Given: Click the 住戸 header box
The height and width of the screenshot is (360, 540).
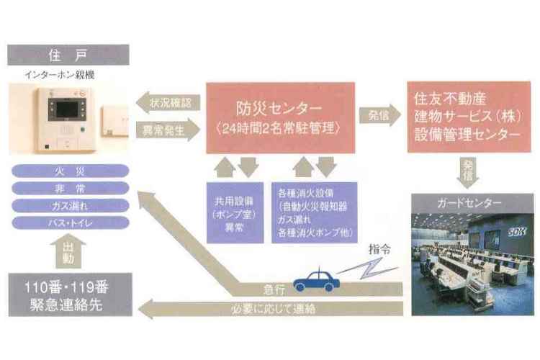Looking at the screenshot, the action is [68, 55].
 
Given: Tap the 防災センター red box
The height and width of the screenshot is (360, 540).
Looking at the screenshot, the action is [280, 117].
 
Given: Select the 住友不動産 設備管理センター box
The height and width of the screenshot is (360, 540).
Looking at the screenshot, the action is [469, 117].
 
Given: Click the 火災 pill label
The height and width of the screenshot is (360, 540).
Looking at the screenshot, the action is [71, 171].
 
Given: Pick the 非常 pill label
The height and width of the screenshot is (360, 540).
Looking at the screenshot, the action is [71, 189].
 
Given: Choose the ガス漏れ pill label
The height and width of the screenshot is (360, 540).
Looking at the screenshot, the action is [71, 206].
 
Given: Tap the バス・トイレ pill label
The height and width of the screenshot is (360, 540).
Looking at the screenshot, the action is [71, 223].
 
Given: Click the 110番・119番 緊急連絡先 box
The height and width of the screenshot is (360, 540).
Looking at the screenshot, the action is [71, 294].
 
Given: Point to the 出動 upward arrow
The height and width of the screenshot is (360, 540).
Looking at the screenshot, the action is [68, 251].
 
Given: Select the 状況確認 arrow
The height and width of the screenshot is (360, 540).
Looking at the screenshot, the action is [168, 103].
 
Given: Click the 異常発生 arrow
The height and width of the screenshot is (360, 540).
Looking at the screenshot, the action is [168, 130].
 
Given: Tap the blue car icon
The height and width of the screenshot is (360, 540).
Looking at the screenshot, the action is [316, 280].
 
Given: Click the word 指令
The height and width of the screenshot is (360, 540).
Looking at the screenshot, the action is [379, 248].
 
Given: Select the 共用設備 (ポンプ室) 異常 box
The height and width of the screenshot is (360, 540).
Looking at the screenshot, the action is [235, 212].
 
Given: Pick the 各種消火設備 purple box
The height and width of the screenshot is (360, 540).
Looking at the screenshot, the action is [315, 212].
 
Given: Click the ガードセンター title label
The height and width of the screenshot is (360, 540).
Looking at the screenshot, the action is [469, 203].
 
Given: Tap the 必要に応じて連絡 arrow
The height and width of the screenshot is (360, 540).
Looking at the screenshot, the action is [270, 309].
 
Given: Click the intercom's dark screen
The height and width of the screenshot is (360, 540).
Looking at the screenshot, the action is [67, 109].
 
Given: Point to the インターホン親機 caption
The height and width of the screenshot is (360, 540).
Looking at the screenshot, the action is [60, 75].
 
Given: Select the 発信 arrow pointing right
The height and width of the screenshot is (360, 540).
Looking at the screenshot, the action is [380, 115].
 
